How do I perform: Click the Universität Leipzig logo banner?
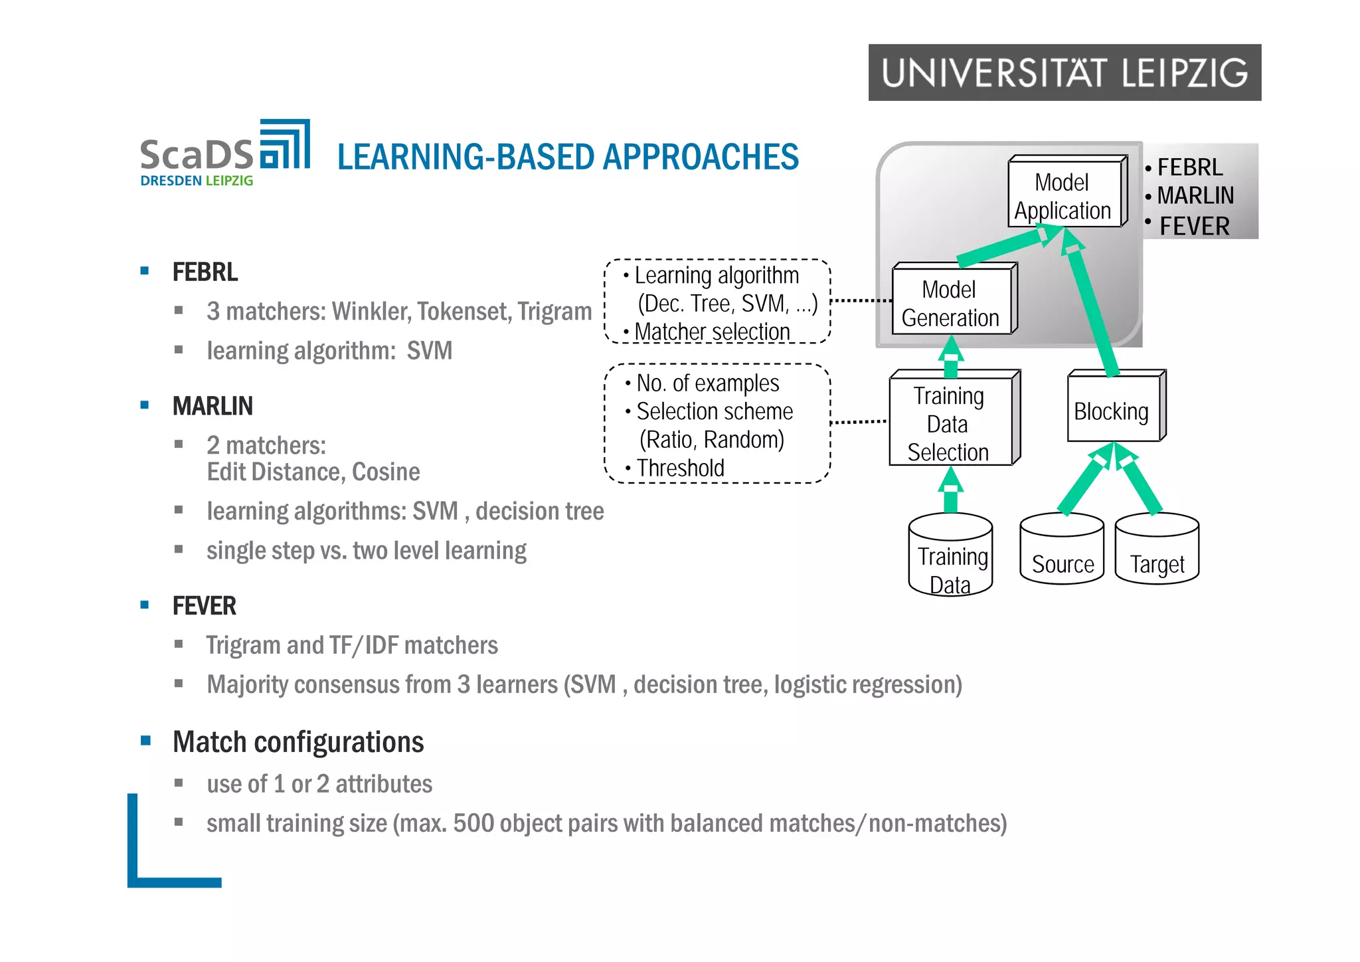click(x=1064, y=72)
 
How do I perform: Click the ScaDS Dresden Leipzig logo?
click(x=224, y=153)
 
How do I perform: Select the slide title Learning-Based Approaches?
click(x=568, y=157)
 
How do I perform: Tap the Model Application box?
click(x=1064, y=195)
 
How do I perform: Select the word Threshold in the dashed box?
click(x=680, y=468)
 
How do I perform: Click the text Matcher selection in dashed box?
click(x=712, y=332)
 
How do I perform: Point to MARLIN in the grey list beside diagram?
click(x=1195, y=195)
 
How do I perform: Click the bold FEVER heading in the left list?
click(x=204, y=606)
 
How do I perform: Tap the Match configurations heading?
click(x=298, y=742)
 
